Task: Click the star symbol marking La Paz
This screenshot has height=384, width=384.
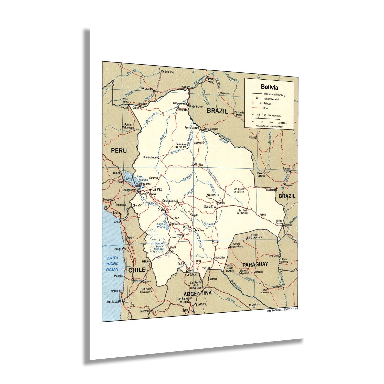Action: (x=150, y=190)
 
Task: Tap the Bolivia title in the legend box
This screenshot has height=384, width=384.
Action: (x=269, y=87)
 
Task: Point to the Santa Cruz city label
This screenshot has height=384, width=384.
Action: (x=210, y=207)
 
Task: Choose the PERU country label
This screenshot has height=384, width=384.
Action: (x=119, y=151)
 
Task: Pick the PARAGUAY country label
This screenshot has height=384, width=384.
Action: (x=255, y=264)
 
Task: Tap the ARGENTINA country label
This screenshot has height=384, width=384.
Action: (x=197, y=293)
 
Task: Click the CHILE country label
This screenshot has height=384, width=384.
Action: (x=137, y=270)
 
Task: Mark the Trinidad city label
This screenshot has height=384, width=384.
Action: (x=199, y=165)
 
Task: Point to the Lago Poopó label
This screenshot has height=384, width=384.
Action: (x=161, y=226)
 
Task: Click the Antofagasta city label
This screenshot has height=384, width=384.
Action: (x=114, y=302)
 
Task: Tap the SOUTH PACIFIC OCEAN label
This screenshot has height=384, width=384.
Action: (x=112, y=264)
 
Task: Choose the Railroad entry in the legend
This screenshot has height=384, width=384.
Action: (x=267, y=104)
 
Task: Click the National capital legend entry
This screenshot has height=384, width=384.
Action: (x=271, y=99)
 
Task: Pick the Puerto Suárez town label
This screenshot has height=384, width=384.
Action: (x=279, y=222)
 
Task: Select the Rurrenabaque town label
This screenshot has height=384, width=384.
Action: (x=151, y=157)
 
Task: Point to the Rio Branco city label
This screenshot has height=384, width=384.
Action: (x=146, y=88)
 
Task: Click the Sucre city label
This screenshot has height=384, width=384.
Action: (x=186, y=226)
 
